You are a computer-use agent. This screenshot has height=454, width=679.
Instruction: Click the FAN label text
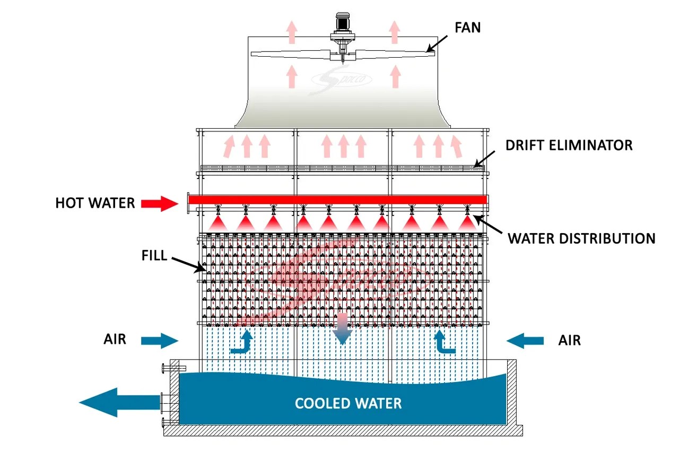click(x=467, y=27)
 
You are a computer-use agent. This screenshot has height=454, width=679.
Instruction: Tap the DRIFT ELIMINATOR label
click(x=569, y=145)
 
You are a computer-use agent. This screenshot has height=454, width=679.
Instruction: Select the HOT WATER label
click(x=95, y=203)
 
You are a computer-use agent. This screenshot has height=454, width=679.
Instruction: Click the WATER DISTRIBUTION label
click(x=581, y=238)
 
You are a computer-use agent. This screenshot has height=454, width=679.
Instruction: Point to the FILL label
click(x=154, y=256)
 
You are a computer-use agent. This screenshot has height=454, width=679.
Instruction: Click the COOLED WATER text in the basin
click(x=348, y=403)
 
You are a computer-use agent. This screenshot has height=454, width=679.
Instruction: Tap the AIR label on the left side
click(x=115, y=339)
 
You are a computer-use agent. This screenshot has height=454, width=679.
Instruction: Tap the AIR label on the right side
click(x=569, y=340)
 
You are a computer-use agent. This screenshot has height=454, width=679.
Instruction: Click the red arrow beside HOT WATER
click(x=160, y=203)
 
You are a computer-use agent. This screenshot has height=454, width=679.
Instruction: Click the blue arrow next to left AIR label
click(x=160, y=341)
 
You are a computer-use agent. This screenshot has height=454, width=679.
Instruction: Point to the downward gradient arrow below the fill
click(x=342, y=328)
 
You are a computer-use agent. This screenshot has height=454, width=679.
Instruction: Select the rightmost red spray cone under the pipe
click(x=467, y=222)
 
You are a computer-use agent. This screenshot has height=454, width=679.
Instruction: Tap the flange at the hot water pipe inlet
click(x=188, y=204)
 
